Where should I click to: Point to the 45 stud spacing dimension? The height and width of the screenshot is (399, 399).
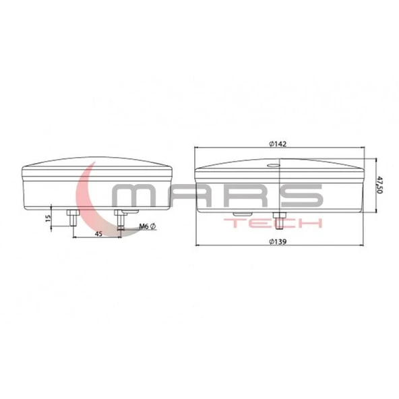pos(98,234)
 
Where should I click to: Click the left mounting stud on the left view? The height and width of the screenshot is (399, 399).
pos(71,218)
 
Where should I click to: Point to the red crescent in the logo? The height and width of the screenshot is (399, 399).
pos(86,195)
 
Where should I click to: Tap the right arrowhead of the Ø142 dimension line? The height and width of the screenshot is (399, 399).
pos(363,148)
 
